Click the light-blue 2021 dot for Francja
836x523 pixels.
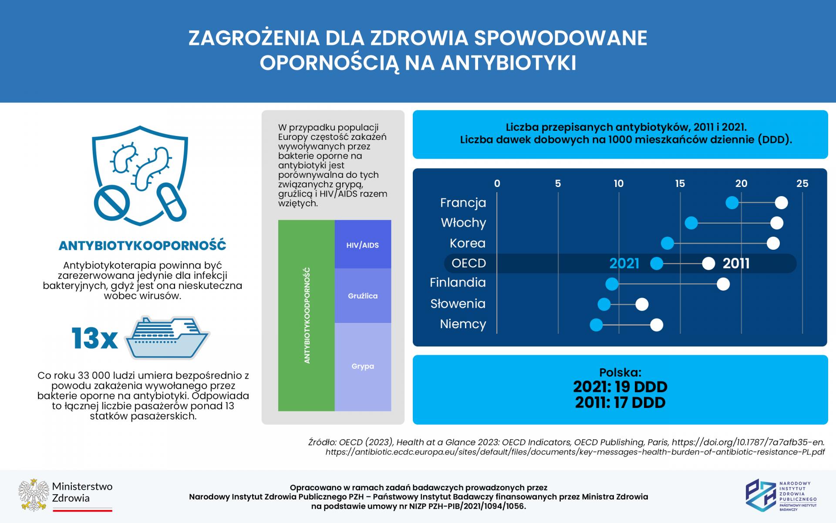tap(732, 203)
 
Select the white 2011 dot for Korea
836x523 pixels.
tap(773, 243)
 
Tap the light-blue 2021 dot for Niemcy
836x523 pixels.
tap(596, 325)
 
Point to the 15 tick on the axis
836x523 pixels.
tap(680, 183)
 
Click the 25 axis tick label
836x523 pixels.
tap(802, 183)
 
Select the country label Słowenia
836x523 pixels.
tap(458, 304)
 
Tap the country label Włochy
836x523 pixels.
tap(463, 223)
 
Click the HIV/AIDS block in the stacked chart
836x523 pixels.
tap(363, 245)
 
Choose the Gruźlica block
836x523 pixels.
tap(363, 295)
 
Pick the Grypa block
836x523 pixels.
tap(363, 367)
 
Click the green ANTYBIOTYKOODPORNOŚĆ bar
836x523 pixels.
tap(307, 316)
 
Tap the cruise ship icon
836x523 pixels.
tap(167, 338)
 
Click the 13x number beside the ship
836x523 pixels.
tap(94, 338)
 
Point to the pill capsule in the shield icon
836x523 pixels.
tap(172, 203)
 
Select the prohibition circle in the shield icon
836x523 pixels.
tap(111, 203)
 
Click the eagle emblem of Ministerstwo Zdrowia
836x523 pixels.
tap(34, 496)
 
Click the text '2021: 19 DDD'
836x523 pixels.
tap(620, 387)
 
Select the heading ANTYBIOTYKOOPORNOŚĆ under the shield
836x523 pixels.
tap(142, 246)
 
